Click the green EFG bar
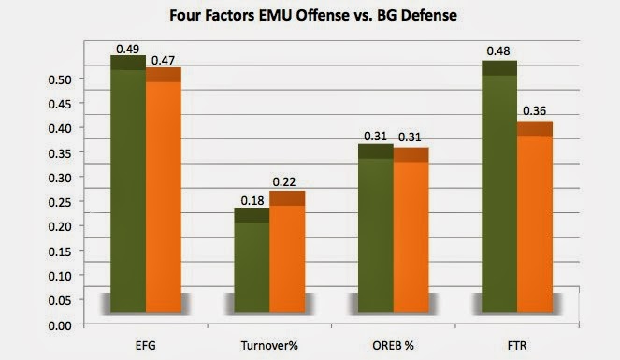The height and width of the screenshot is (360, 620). [x=128, y=184]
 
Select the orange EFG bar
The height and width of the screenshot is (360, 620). [x=164, y=190]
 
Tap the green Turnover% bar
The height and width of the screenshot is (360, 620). [x=252, y=260]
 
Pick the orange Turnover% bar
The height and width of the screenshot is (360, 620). [x=287, y=252]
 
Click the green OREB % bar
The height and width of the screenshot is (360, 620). [x=376, y=228]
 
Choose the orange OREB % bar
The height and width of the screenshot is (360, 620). [x=411, y=230]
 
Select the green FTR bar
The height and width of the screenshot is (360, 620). [x=499, y=186]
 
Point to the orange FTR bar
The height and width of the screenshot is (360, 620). [x=535, y=217]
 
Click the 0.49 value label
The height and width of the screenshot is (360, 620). [x=128, y=49]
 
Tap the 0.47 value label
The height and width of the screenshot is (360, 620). [x=163, y=61]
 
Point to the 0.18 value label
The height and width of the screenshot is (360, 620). [x=252, y=201]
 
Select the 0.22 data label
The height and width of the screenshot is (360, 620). [x=284, y=181]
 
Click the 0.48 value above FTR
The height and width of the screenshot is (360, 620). [x=498, y=51]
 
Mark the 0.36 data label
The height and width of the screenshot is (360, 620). [x=534, y=111]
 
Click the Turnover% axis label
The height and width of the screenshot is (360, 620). [x=269, y=346]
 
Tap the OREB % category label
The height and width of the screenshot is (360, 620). [x=393, y=346]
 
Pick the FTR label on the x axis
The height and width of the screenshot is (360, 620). [x=517, y=346]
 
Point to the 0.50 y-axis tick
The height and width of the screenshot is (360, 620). [x=60, y=79]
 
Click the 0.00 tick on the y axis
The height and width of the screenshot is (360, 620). [x=60, y=325]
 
